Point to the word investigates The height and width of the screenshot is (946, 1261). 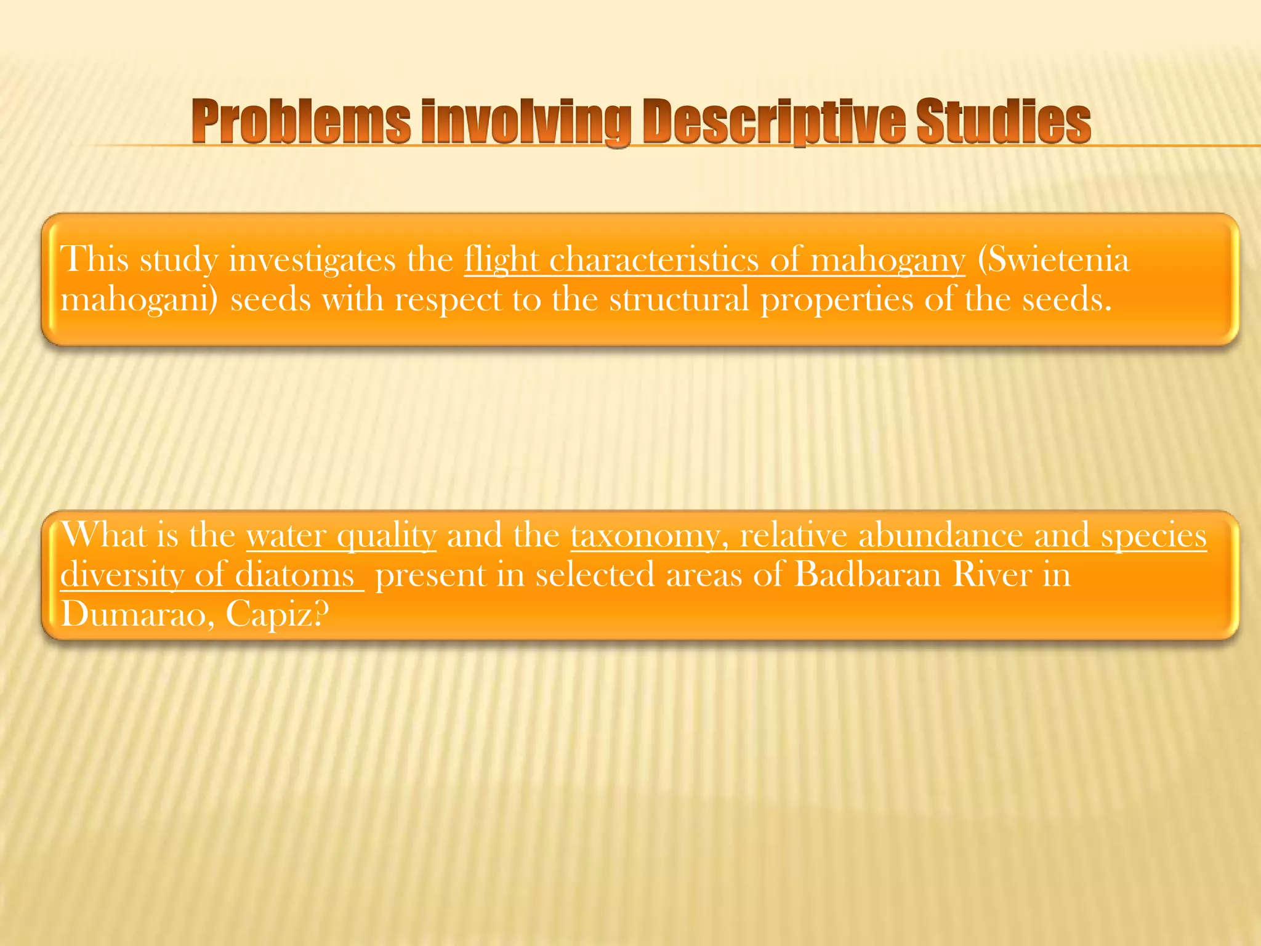coord(312,260)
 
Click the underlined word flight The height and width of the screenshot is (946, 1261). coord(501,260)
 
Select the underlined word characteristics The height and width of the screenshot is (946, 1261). coord(653,260)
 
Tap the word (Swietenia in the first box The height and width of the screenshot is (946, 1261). coord(1054,260)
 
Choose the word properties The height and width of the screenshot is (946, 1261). coord(837,301)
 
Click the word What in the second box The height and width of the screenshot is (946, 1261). coord(103,535)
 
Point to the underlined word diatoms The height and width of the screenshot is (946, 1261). coord(295,575)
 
